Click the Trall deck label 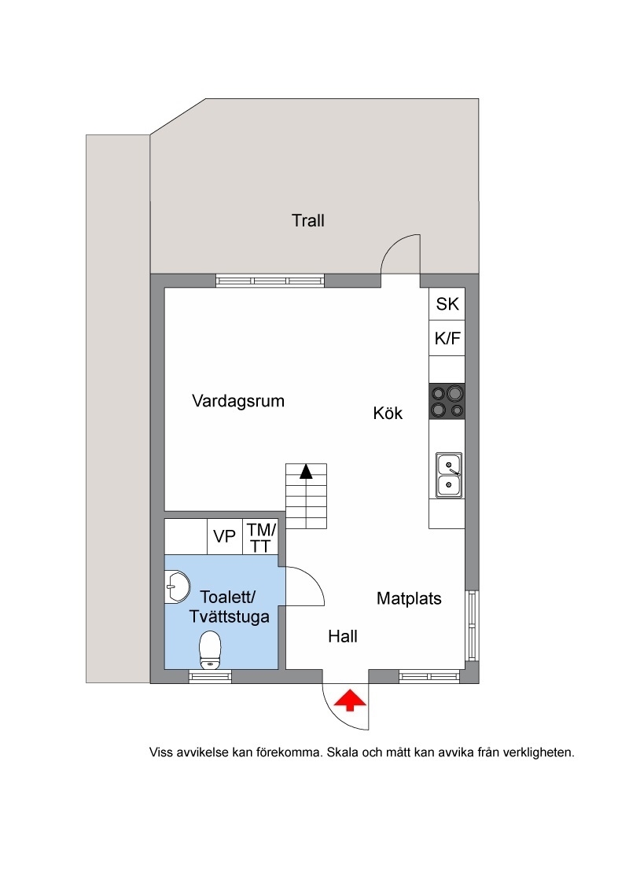(307, 220)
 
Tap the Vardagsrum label (238, 401)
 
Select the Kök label (388, 413)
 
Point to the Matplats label (409, 598)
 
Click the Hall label (342, 636)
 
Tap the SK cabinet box (447, 304)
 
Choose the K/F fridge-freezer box (447, 339)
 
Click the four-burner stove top (447, 402)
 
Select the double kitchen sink (448, 475)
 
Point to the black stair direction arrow (306, 471)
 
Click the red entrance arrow (350, 701)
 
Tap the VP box (225, 536)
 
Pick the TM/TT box (260, 536)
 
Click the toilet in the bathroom (210, 650)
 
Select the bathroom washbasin (177, 587)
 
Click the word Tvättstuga (230, 617)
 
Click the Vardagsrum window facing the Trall (270, 281)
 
